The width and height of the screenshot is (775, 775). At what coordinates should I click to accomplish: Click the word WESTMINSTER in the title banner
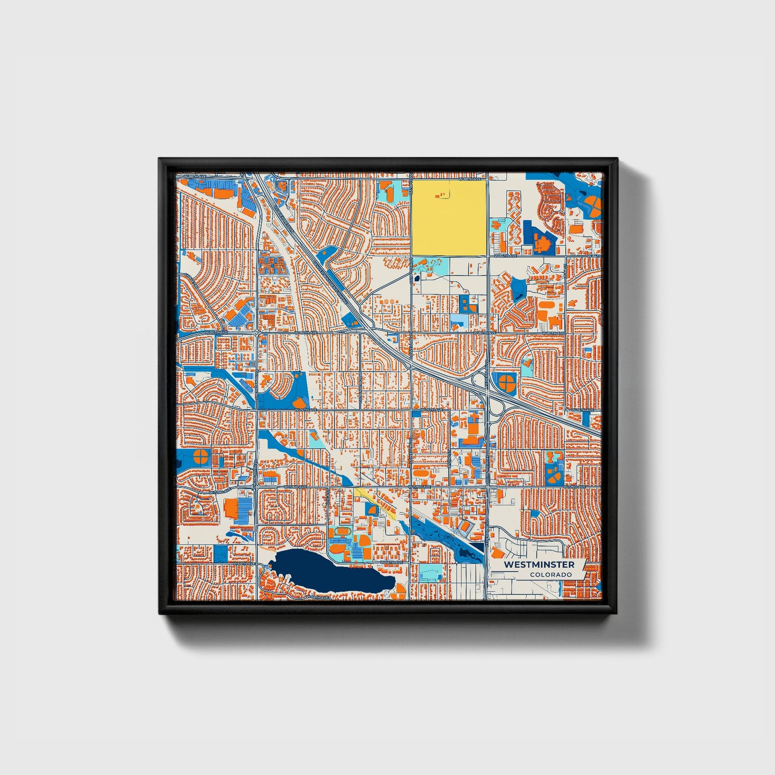pyautogui.click(x=539, y=565)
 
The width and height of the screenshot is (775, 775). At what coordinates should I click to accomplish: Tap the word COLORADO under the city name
pyautogui.click(x=550, y=574)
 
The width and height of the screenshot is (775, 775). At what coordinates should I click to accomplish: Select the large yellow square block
pyautogui.click(x=449, y=217)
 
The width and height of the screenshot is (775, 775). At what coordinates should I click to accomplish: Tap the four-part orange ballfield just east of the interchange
pyautogui.click(x=506, y=381)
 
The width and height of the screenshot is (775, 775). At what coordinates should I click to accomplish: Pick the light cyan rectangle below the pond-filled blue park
pyautogui.click(x=431, y=572)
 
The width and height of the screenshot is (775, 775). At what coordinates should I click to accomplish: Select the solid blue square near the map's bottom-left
pyautogui.click(x=220, y=553)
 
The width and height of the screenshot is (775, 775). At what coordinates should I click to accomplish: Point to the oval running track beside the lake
pyautogui.click(x=337, y=550)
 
